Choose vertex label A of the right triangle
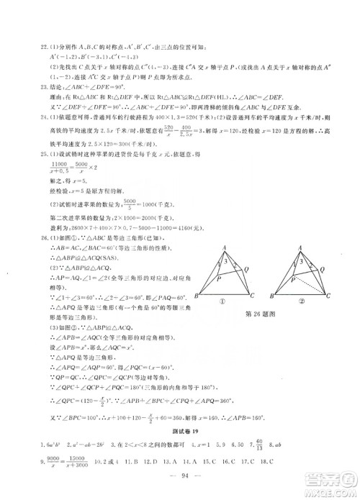(301, 245)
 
